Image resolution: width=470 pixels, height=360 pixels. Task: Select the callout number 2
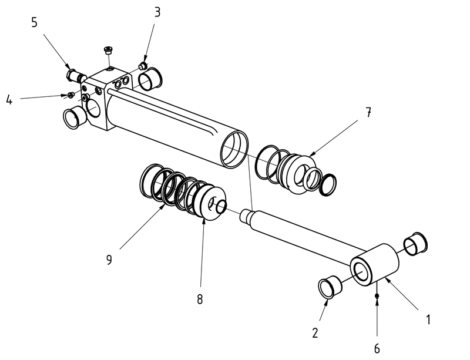click(315, 333)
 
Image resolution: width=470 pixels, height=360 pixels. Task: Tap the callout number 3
click(157, 12)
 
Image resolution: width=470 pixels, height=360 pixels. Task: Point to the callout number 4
click(9, 100)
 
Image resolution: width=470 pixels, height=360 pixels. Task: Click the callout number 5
click(34, 22)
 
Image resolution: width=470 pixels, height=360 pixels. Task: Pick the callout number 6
click(377, 348)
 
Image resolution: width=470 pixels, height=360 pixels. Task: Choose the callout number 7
click(368, 113)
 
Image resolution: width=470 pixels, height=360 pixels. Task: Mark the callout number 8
click(200, 299)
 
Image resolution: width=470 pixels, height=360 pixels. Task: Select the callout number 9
click(109, 259)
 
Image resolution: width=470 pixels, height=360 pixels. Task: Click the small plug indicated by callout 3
click(142, 65)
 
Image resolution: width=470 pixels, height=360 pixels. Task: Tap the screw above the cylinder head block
click(108, 52)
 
